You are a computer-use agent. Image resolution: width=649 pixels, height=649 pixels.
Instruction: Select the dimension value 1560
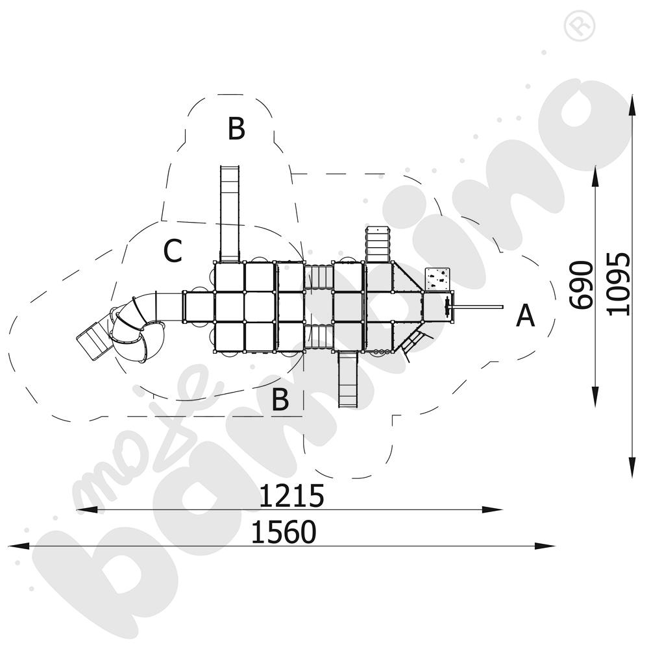pyautogui.click(x=284, y=532)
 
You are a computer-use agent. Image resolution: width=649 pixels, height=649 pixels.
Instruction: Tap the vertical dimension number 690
pyautogui.click(x=581, y=285)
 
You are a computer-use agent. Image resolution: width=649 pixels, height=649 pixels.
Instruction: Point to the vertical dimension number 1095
pyautogui.click(x=618, y=284)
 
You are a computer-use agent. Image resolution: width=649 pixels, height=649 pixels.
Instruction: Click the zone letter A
pyautogui.click(x=525, y=315)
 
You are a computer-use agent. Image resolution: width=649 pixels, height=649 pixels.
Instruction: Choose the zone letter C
pyautogui.click(x=173, y=251)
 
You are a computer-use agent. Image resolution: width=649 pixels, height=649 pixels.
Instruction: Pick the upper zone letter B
pyautogui.click(x=236, y=129)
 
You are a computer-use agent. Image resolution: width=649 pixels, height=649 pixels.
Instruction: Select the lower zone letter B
pyautogui.click(x=280, y=399)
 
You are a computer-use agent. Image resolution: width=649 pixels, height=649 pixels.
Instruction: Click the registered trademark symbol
pyautogui.click(x=580, y=26)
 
